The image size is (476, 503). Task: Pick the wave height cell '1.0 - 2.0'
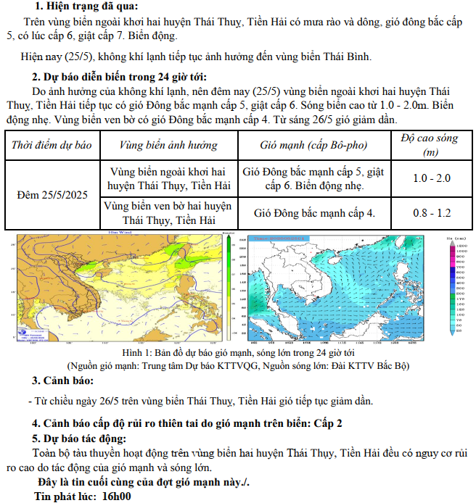[x=431, y=178]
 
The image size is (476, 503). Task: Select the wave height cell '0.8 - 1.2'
[x=431, y=213]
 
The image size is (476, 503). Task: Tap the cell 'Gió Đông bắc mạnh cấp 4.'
[x=314, y=213]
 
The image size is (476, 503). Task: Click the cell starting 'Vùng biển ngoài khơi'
[x=168, y=178]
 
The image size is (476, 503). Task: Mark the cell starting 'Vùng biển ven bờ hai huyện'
[x=168, y=212]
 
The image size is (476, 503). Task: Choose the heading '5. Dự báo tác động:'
[x=79, y=438]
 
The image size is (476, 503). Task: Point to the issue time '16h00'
[x=115, y=496]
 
